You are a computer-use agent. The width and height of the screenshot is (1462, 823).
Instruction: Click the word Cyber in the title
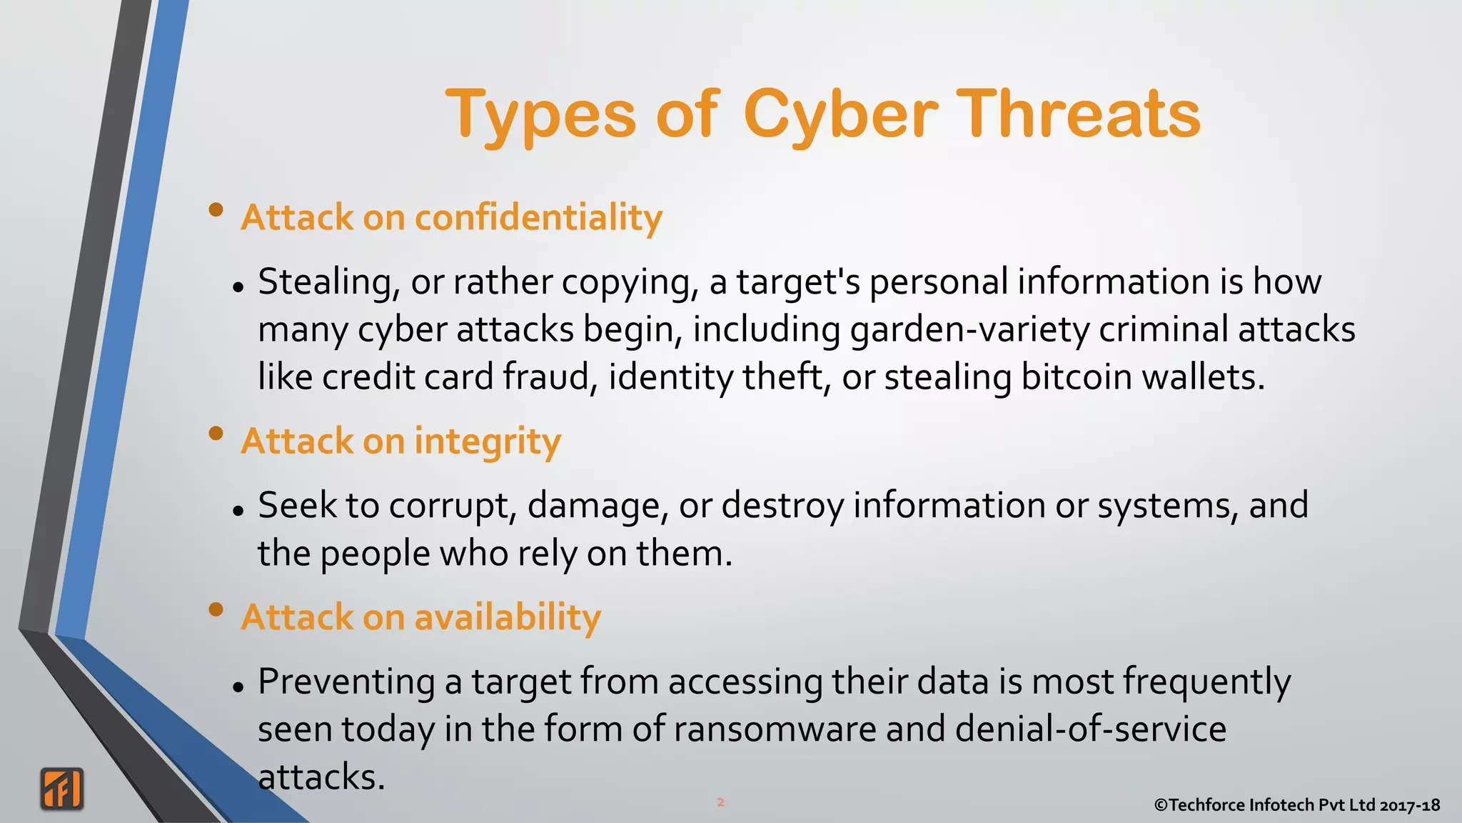point(840,114)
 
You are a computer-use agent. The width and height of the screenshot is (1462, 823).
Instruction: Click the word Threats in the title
point(1078,114)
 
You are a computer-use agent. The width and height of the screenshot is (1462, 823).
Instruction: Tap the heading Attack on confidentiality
point(451,217)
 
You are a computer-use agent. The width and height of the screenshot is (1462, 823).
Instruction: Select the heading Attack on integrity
point(400,441)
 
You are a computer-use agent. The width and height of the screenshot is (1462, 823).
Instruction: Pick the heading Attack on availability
point(420,617)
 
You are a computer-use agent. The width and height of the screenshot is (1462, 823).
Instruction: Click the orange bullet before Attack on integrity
point(216,434)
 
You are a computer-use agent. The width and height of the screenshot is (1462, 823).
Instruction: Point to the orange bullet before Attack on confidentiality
point(216,210)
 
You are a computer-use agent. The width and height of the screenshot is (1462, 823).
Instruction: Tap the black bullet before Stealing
point(238,288)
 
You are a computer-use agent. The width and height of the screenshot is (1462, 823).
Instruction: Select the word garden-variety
point(969,329)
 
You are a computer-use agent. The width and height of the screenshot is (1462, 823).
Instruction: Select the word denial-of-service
point(1091,729)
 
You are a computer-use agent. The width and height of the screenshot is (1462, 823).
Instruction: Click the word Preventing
point(346,682)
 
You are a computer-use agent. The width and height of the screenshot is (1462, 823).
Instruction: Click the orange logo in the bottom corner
point(62,789)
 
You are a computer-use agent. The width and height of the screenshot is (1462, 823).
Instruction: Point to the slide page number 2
point(720,802)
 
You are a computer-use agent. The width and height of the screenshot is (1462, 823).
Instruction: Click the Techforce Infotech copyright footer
point(1296,805)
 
